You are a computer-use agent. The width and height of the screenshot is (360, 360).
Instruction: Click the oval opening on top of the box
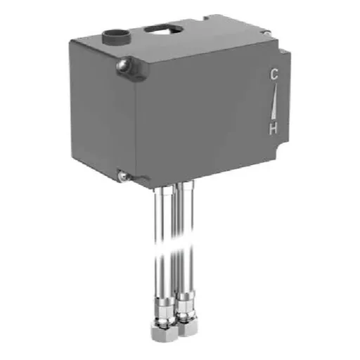160,29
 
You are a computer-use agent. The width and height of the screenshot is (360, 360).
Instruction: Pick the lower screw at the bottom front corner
123,176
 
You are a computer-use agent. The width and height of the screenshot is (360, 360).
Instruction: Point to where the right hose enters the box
185,186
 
